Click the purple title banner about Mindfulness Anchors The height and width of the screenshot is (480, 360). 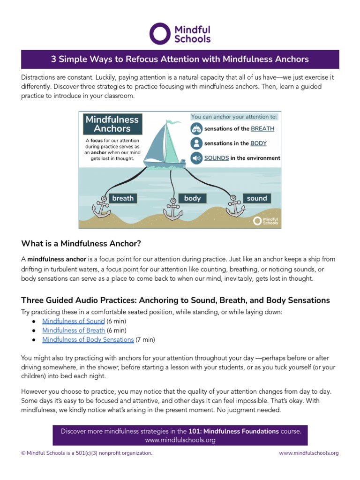coord(180,60)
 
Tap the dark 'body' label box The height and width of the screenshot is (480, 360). coord(192,198)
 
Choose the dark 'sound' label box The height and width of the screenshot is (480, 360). coord(257,198)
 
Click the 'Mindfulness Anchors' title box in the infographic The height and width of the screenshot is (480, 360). coord(112,124)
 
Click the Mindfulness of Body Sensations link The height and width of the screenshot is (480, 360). coord(88,339)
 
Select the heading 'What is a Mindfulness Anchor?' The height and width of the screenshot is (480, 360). coord(81,244)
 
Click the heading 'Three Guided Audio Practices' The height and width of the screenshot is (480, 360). coord(175,300)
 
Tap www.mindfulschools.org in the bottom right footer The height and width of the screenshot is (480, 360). coord(308,453)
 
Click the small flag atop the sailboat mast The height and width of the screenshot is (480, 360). coord(174,122)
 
